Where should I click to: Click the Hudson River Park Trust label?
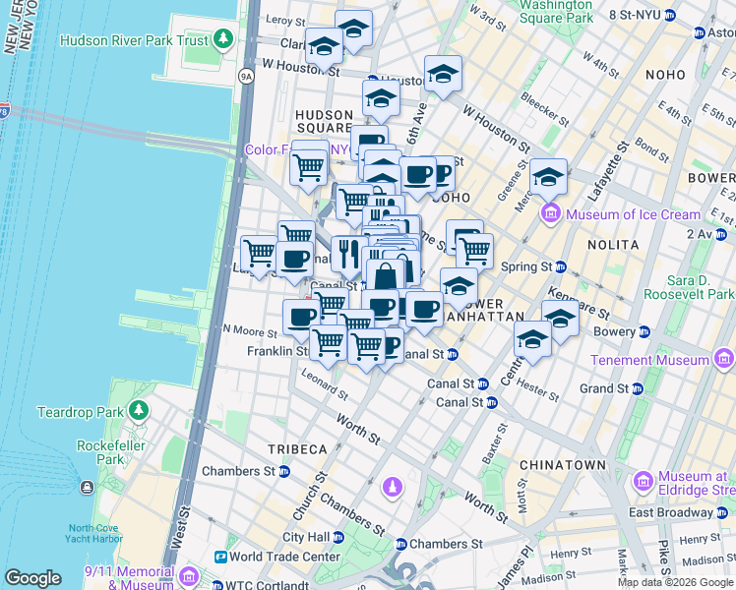coord(136,40)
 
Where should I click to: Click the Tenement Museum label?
coord(649,360)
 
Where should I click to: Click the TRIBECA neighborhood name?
coord(297,449)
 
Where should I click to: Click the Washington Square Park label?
coord(556,11)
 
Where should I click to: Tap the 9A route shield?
coord(246,75)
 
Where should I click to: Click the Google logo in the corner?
coord(32,578)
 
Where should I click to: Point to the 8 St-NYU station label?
coord(636,15)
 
